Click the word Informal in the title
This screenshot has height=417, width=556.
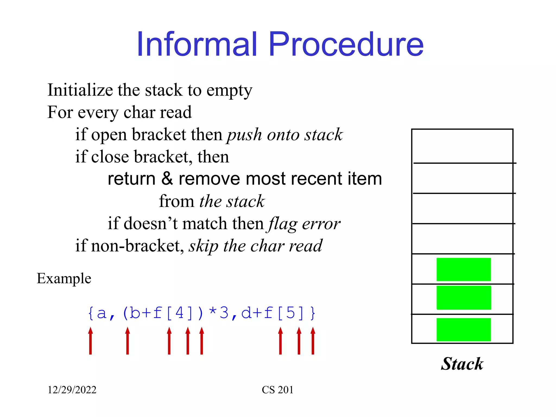click(197, 44)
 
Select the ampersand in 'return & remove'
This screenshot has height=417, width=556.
click(167, 179)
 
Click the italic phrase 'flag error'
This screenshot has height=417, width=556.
click(304, 224)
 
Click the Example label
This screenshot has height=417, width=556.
click(64, 279)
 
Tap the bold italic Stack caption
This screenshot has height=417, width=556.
click(462, 364)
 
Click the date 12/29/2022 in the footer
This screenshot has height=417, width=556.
click(72, 390)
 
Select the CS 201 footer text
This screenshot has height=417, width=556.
click(277, 390)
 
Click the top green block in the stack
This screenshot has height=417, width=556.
click(463, 269)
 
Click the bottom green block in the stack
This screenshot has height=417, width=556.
click(463, 329)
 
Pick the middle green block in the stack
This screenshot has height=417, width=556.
click(463, 298)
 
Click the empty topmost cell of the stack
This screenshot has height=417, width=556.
click(462, 146)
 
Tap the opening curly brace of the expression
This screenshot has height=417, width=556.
click(91, 313)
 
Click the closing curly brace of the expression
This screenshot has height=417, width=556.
click(313, 313)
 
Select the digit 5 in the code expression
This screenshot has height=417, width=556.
click(290, 313)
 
